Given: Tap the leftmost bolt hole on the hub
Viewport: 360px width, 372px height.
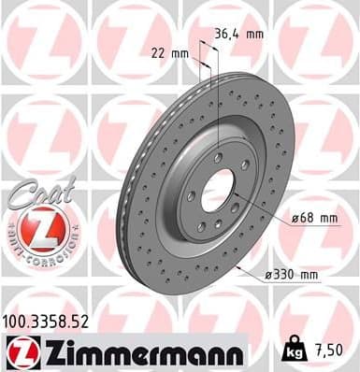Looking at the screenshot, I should coord(190,195).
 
